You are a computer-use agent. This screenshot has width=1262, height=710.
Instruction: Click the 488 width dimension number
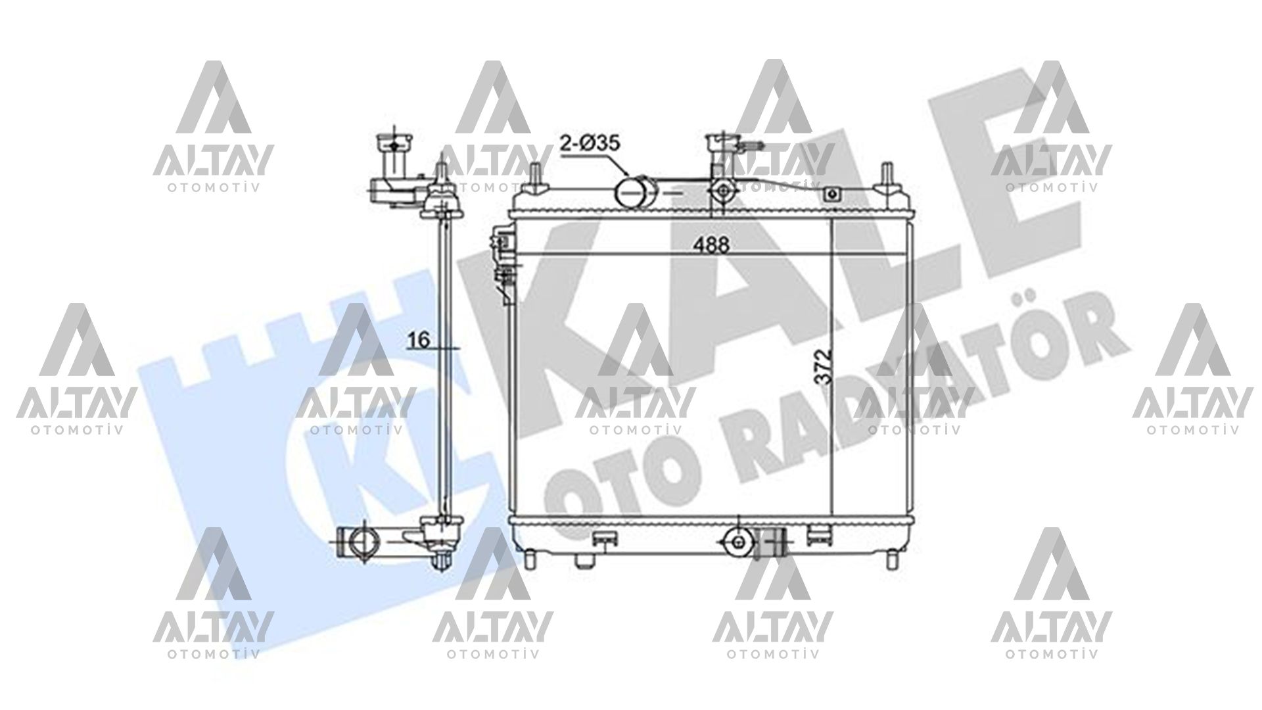pos(713,245)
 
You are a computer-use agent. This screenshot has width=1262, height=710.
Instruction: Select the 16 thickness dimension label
pos(418,340)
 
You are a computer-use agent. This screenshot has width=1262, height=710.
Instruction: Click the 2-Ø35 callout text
pos(590,143)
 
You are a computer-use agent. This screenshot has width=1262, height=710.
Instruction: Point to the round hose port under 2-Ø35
pos(631,191)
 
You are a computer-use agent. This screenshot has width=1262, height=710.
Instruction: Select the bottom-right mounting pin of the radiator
pos(893,557)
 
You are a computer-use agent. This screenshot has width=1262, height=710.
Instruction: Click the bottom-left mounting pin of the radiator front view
pos(530,557)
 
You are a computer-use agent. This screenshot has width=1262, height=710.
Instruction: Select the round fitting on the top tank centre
pos(723,190)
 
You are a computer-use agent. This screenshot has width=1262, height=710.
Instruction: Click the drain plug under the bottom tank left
pos(583,560)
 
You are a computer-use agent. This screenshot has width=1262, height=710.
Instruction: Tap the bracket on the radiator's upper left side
pos(504,263)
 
